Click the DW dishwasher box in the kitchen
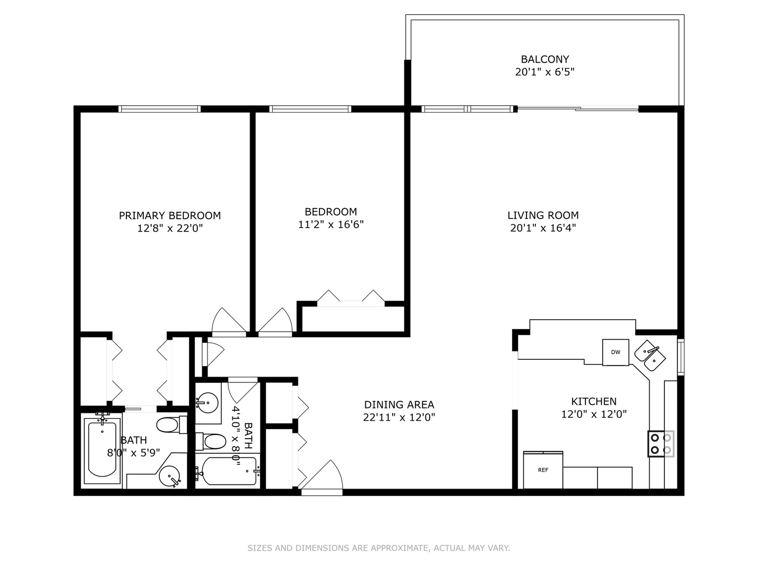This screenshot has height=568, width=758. click(615, 352)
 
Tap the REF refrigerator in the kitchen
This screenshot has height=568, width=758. click(543, 470)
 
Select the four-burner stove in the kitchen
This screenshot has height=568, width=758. click(661, 444)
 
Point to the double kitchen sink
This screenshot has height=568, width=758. click(650, 356)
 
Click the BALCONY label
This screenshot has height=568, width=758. click(545, 59)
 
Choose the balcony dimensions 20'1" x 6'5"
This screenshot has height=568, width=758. click(545, 72)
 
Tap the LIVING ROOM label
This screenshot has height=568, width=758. click(543, 215)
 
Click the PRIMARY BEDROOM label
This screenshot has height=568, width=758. click(170, 216)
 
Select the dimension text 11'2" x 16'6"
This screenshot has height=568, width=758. click(331, 225)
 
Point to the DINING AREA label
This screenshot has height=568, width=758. click(399, 404)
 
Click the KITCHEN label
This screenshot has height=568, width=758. click(594, 401)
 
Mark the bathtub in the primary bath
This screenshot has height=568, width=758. click(102, 450)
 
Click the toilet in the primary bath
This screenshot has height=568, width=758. click(172, 424)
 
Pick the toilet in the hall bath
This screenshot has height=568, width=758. click(211, 441)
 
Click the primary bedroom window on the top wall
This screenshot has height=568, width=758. click(159, 109)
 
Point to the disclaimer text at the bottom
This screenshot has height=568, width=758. click(379, 548)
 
